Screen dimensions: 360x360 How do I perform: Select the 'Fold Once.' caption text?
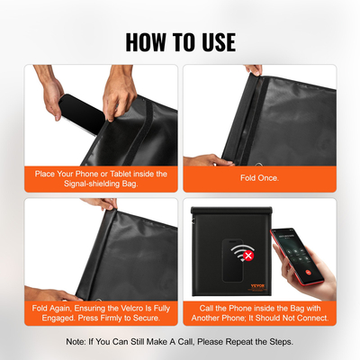coord(258,179)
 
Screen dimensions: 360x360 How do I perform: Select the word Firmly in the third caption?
coord(110,318)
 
